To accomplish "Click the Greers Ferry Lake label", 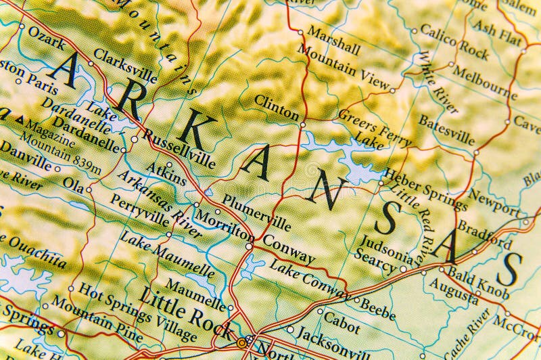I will pyautogui.click(x=375, y=129).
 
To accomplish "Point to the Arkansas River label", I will pyautogui.click(x=159, y=204).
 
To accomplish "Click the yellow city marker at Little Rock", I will pyautogui.click(x=241, y=343).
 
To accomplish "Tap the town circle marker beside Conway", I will pyautogui.click(x=249, y=247).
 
